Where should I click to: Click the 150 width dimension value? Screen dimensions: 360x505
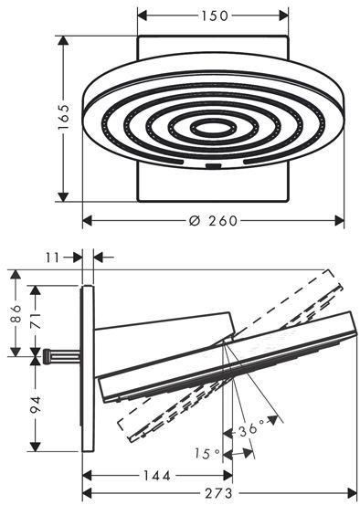click(215, 16)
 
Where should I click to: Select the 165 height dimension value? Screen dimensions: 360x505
click(63, 117)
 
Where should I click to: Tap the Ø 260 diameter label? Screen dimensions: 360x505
click(213, 221)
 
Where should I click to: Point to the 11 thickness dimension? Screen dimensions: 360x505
click(52, 258)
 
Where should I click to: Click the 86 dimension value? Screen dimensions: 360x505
click(16, 314)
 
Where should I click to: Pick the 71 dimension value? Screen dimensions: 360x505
click(36, 321)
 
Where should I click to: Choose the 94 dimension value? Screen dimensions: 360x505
click(36, 405)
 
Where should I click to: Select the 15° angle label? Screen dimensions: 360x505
click(206, 454)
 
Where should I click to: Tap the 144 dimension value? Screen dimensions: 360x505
click(156, 476)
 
